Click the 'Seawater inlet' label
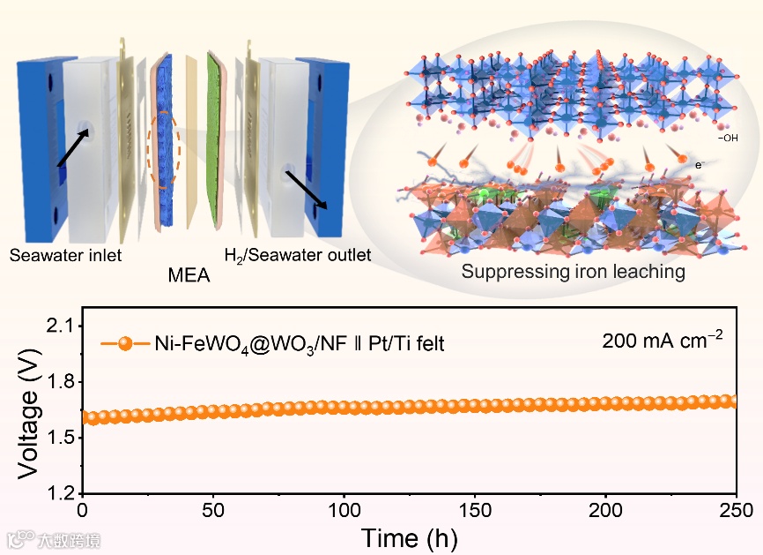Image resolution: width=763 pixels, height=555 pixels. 65,256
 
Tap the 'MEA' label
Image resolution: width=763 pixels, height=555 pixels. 189,276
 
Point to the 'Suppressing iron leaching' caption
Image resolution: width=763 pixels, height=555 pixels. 573,271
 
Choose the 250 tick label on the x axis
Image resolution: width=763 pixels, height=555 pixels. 735,511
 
